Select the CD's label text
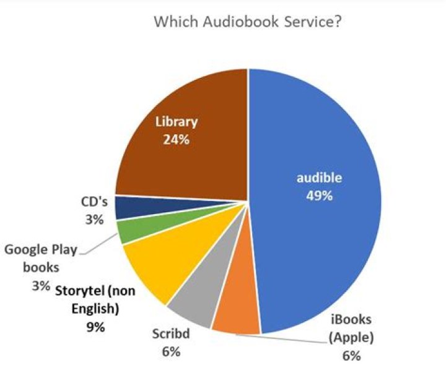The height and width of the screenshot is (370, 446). click(94, 202)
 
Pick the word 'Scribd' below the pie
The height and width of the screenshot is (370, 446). click(172, 335)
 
